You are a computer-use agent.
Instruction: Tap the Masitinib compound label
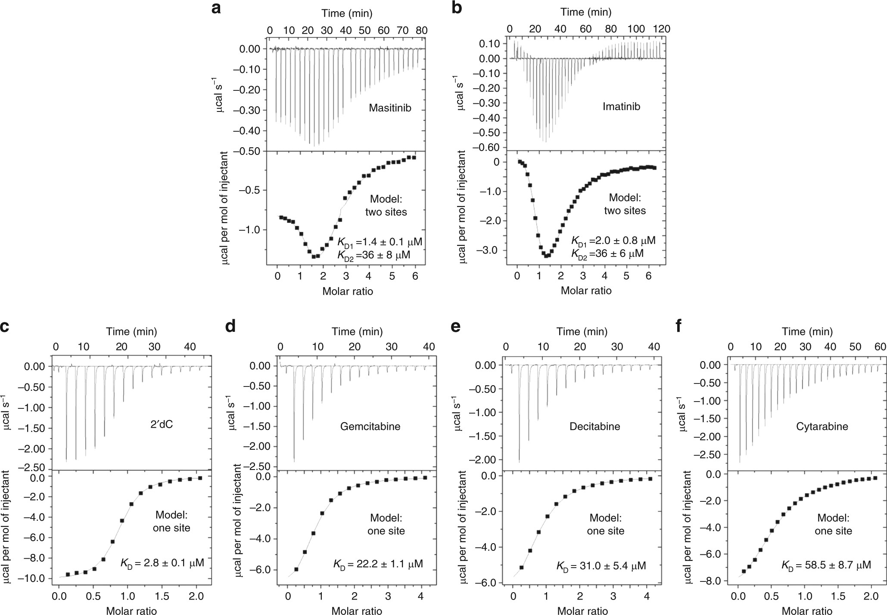point(389,108)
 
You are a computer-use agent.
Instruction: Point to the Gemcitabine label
point(370,426)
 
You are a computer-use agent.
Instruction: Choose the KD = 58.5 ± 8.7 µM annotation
point(826,565)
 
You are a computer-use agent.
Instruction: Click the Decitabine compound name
point(594,426)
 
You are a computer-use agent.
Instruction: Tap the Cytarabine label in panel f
point(822,426)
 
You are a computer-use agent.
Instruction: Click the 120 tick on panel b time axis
point(662,29)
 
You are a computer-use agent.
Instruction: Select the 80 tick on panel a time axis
point(421,31)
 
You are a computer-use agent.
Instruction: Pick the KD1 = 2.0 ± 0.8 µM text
point(613,240)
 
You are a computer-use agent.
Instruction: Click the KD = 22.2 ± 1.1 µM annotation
point(378,563)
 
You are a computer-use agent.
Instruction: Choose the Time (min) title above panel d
point(357,331)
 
